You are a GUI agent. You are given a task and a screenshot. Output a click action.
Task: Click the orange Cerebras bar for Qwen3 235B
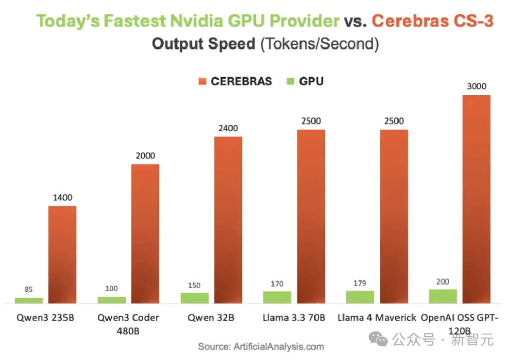pyautogui.click(x=62, y=254)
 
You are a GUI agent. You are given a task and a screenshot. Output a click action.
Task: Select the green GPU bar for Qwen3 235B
pyautogui.click(x=28, y=300)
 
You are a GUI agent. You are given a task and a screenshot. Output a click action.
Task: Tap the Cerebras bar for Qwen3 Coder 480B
pyautogui.click(x=145, y=233)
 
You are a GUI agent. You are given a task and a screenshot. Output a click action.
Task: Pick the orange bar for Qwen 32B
pyautogui.click(x=228, y=219)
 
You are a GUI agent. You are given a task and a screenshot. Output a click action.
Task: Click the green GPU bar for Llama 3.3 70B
pyautogui.click(x=277, y=297)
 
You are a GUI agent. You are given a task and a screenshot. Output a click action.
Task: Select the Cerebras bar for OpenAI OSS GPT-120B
pyautogui.click(x=477, y=199)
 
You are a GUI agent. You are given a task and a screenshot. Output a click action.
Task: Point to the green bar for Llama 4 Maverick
pyautogui.click(x=360, y=297)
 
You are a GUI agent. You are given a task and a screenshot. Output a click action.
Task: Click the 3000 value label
pyautogui.click(x=477, y=86)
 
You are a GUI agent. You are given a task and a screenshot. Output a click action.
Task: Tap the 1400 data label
pyautogui.click(x=62, y=197)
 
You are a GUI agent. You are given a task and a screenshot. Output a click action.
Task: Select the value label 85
pyautogui.click(x=28, y=289)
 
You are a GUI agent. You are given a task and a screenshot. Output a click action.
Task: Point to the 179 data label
pyautogui.click(x=360, y=283)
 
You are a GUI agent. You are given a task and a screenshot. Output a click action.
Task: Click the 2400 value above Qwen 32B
pyautogui.click(x=228, y=128)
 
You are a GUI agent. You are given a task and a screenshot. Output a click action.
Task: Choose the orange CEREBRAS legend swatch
pyautogui.click(x=202, y=81)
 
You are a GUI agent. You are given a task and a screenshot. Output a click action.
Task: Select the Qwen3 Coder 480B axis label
pyautogui.click(x=128, y=324)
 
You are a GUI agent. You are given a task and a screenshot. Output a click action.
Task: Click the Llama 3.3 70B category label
pyautogui.click(x=294, y=317)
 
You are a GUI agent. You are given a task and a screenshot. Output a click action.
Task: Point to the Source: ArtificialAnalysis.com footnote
pyautogui.click(x=261, y=346)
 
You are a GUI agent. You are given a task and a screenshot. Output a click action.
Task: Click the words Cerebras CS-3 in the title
pyautogui.click(x=433, y=21)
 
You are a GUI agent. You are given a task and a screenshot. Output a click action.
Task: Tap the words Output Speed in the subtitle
pyautogui.click(x=204, y=44)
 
